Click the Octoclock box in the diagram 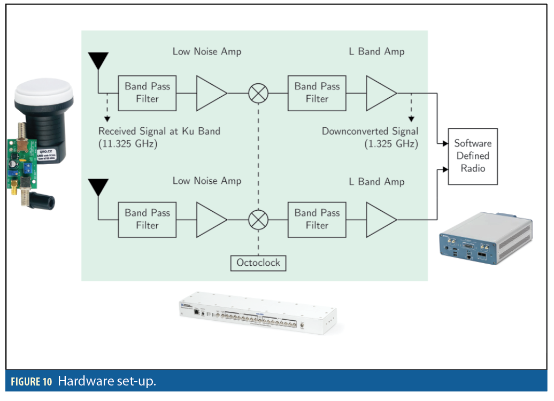tap(258, 263)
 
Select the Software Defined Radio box tap(472, 156)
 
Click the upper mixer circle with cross tap(258, 93)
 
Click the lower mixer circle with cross tap(258, 219)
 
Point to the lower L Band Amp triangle tap(380, 219)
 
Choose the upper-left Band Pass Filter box tap(147, 92)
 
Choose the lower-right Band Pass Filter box tap(317, 219)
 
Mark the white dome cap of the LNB tap(43, 93)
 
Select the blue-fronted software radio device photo tap(484, 238)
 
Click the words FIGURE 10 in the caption tap(32, 382)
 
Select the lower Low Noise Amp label tap(206, 181)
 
